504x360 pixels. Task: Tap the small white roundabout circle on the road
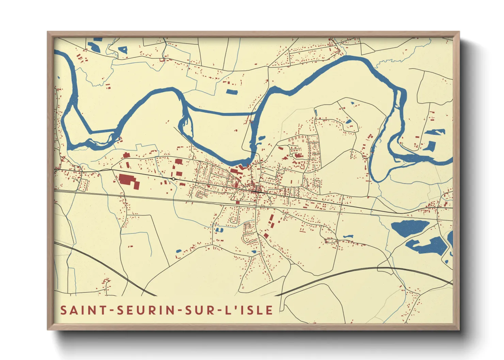[173, 179]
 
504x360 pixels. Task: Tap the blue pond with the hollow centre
[123, 50]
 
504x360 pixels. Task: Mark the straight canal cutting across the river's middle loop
[221, 113]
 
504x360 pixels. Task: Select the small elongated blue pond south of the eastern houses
[348, 236]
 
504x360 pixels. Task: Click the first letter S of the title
[63, 310]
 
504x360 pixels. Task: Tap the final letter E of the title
[269, 310]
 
